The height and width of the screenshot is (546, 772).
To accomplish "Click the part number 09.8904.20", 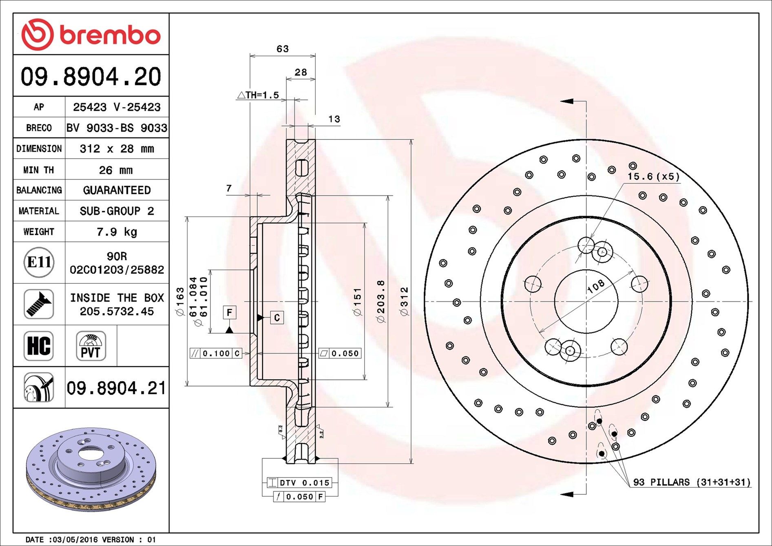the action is pos(91,76).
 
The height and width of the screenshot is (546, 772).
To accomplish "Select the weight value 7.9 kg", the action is pos(117,232).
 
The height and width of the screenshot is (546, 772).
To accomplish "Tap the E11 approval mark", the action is pos(39,262).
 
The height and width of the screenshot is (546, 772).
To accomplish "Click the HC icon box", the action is pos(39,346).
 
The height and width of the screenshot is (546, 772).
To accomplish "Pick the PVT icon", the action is pos(91,346).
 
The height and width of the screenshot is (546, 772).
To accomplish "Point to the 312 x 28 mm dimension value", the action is pos(117,148).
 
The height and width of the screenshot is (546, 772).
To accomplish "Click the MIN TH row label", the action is pos(39,170).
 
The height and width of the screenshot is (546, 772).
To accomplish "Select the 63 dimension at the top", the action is pos(282,49).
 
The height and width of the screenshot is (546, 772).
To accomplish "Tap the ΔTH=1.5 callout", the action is pos(258,95).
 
